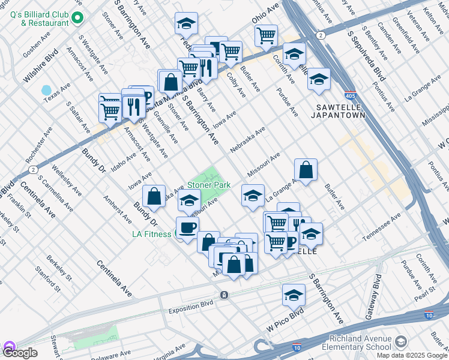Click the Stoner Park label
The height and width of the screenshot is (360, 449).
(x=209, y=186)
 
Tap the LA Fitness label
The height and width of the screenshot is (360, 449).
(x=152, y=235)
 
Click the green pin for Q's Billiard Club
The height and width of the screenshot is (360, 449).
(x=77, y=18)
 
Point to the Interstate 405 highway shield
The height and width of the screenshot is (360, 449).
(x=351, y=96)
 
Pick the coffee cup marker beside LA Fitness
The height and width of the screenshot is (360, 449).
(x=187, y=228)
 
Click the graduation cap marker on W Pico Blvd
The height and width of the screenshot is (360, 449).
(x=294, y=295)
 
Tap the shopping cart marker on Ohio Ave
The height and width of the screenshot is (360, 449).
(x=266, y=35)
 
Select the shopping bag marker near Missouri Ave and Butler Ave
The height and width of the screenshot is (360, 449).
(x=306, y=169)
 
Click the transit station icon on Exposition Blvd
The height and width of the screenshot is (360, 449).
(x=223, y=295)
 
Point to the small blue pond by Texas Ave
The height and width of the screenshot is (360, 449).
(x=46, y=91)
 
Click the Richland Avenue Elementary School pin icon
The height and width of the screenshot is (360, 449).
(x=401, y=342)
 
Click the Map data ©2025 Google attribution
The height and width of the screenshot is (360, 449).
(x=411, y=355)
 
